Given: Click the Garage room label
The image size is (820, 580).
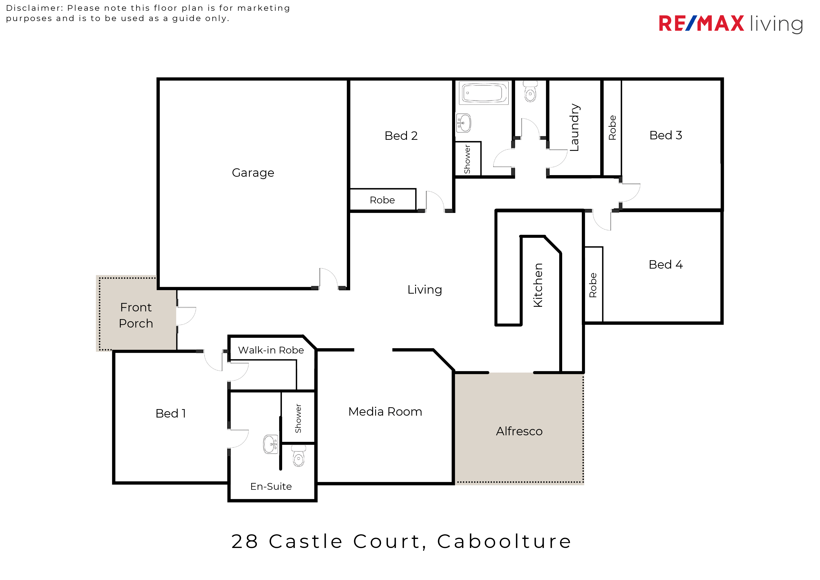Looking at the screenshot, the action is point(253,173).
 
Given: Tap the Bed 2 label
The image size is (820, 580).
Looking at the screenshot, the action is point(401,136).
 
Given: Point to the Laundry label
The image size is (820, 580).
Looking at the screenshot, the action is point(575,127).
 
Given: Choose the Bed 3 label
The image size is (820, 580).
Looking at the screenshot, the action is point(666,135).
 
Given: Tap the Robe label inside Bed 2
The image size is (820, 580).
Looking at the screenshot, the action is point(382,200).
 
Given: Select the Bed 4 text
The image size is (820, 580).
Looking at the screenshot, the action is point(666,265).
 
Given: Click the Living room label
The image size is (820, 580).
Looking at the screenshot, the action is point(425,290).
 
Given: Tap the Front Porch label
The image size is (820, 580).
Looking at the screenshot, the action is point(136,315).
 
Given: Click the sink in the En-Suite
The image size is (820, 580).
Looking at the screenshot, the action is point(270,444).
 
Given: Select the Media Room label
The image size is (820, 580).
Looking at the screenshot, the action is point(385,412).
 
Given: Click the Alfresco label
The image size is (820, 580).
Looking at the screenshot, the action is point(519,431).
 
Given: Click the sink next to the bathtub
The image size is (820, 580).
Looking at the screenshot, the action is point(464,123).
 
